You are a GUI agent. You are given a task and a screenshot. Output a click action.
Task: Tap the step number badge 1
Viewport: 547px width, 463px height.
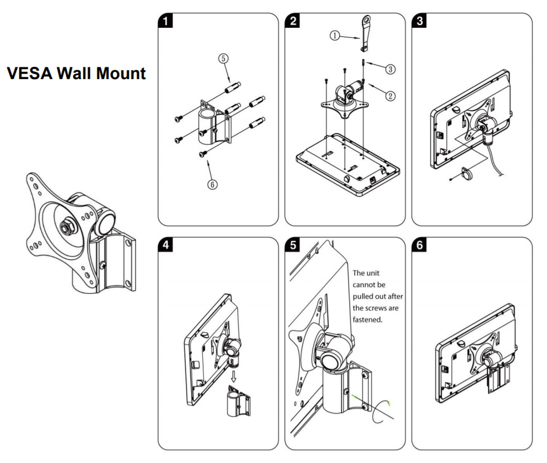(x=165, y=21)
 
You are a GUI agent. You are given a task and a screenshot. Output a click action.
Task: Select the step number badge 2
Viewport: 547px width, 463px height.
(x=291, y=21)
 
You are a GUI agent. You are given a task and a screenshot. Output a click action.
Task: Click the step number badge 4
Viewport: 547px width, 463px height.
(x=165, y=245)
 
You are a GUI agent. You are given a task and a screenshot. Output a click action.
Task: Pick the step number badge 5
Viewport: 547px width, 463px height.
(x=291, y=245)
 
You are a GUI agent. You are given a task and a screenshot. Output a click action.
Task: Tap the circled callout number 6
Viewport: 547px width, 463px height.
(x=213, y=184)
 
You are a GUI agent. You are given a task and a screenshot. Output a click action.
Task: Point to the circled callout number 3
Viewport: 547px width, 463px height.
(x=391, y=69)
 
